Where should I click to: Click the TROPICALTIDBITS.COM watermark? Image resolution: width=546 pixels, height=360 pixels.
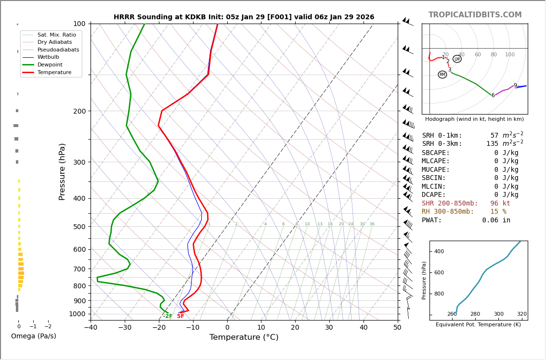(475, 15)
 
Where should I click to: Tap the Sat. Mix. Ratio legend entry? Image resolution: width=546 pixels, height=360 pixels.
(56, 35)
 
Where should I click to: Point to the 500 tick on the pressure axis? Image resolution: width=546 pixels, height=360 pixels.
(79, 227)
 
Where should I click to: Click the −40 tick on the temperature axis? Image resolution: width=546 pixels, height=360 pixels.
(91, 328)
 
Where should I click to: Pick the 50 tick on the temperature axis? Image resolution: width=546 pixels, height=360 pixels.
(397, 328)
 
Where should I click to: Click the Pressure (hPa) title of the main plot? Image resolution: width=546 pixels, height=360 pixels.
(62, 171)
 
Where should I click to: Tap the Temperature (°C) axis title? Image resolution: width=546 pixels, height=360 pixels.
(244, 337)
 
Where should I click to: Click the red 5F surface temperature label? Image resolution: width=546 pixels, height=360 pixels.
(181, 316)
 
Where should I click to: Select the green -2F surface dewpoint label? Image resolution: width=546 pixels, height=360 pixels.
(167, 316)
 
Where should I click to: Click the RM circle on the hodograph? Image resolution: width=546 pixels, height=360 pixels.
(442, 75)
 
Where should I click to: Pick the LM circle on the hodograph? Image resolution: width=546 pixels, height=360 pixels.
(457, 59)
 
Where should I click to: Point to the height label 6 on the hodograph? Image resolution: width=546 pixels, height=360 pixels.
(493, 95)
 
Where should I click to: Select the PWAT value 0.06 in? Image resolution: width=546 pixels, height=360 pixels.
(496, 220)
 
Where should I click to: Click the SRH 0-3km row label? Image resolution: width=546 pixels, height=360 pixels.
(442, 144)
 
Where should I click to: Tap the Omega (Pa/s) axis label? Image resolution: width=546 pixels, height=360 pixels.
(33, 336)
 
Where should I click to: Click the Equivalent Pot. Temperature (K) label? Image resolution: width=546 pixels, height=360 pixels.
(478, 325)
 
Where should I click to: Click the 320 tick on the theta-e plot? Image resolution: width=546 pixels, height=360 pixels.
(521, 314)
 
